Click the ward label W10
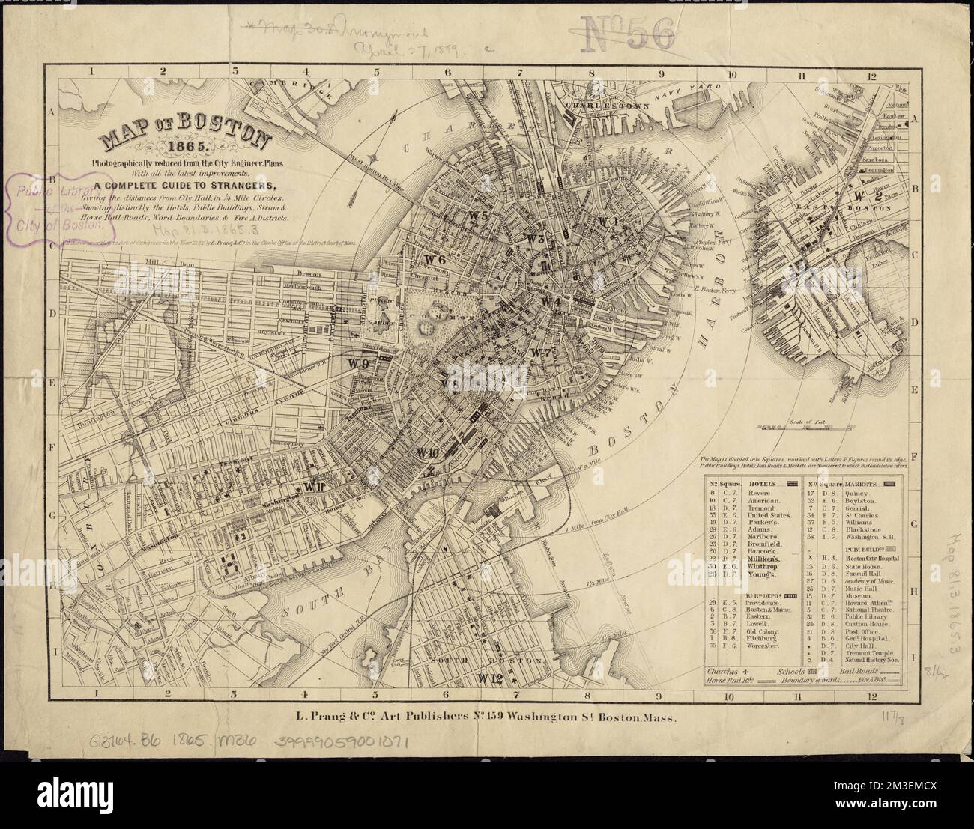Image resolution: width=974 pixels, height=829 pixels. point(428,452)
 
